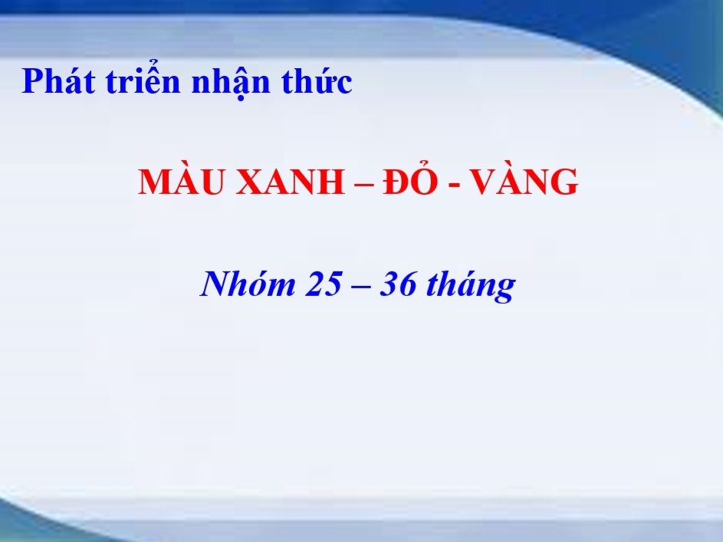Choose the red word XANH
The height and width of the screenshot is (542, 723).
point(290,182)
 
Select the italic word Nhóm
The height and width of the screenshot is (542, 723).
point(248,283)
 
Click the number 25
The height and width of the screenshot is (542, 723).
point(324,284)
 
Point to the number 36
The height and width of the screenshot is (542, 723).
point(398,284)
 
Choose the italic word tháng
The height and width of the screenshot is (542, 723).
point(471,286)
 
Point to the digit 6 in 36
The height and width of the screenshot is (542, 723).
point(407,284)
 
